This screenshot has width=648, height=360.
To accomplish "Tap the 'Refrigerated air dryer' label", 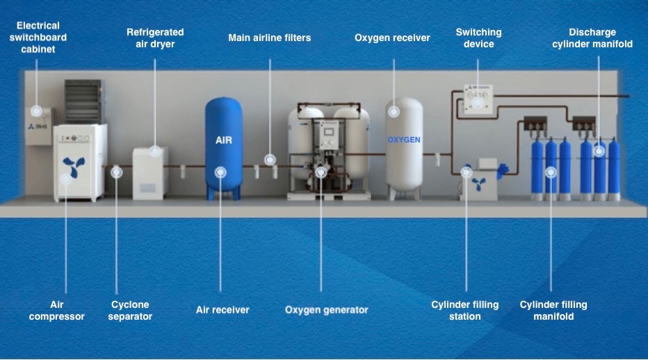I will point(155,38).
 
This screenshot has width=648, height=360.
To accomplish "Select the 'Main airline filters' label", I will point(269,38).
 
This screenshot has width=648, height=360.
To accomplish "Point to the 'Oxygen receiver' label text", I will point(392,38).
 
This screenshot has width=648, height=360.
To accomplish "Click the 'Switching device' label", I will point(478,38).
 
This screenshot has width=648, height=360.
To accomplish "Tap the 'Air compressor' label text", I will point(67,310).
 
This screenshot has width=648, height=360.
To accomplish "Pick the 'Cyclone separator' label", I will point(130,310).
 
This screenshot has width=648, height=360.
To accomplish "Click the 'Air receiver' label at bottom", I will point(222,309).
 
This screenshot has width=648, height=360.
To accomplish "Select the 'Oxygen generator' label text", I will point(326,309).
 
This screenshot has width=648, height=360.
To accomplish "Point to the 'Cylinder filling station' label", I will point(464,310).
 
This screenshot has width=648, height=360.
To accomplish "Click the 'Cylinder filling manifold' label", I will point(553,310).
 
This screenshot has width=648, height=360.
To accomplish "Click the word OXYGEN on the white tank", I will point(404,140).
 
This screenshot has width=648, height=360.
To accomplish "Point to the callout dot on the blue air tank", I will point(220,169).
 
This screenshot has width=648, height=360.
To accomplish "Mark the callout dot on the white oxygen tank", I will point(394,111).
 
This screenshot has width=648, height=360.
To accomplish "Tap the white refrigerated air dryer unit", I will point(150,174).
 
